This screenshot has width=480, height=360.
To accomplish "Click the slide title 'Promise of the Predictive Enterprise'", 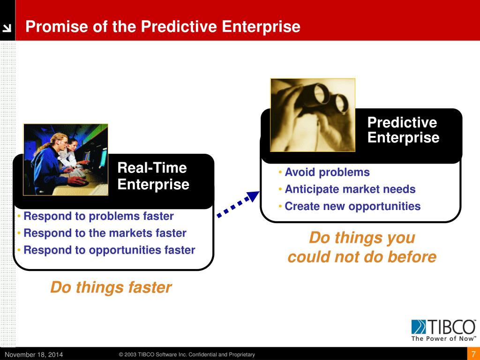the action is click(163, 27).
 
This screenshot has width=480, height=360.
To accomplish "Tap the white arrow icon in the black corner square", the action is click(7, 28).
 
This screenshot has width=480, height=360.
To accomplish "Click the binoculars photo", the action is click(313, 115).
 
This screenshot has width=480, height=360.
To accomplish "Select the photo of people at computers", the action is click(66, 159).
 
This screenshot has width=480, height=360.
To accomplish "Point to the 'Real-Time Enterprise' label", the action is click(153, 176).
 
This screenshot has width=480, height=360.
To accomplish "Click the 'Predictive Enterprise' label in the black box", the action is click(403, 130).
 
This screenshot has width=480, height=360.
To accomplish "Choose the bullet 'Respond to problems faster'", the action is click(98, 216).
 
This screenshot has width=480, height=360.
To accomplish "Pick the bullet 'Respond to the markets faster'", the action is click(105, 233).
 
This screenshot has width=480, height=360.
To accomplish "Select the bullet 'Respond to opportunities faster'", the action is click(109, 250).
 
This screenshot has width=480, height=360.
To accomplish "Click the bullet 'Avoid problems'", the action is click(327, 172).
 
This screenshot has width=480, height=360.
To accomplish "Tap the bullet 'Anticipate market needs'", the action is click(350, 189).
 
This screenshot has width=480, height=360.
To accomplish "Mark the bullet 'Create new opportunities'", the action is click(352, 206).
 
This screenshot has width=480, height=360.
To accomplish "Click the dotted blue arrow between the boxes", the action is click(238, 204).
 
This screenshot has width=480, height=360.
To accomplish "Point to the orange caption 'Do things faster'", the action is click(111, 287).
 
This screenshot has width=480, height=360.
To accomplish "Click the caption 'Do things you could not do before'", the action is click(362, 247).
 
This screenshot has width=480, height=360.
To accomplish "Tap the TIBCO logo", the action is click(443, 327).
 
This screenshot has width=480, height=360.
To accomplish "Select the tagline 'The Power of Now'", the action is click(443, 338).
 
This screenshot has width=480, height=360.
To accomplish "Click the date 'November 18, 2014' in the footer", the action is click(34, 354).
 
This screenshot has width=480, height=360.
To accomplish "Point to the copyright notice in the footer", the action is click(187, 354).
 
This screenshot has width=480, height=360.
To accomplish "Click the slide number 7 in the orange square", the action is click(473, 354).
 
